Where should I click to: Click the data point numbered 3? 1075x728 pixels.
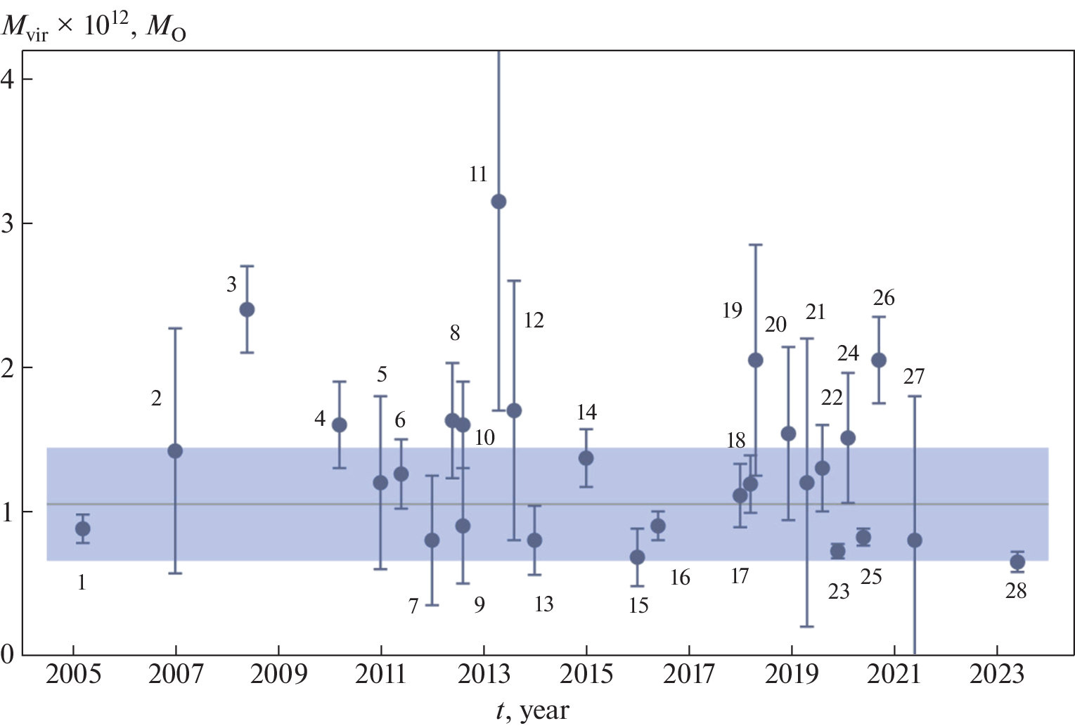click(247, 309)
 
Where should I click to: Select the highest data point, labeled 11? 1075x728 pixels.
click(498, 202)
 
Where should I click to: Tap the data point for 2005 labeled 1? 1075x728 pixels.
click(82, 528)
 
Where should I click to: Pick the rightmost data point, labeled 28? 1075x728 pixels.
click(1017, 561)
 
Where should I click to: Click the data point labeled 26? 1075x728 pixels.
click(878, 360)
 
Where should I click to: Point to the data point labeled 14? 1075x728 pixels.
click(586, 458)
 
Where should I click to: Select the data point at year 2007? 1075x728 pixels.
click(175, 450)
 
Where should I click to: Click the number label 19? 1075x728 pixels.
click(732, 310)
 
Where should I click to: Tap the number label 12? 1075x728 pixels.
click(534, 320)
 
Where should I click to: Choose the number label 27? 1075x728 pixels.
click(913, 377)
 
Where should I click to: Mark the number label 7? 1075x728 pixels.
click(413, 605)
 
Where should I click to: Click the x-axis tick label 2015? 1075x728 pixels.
click(586, 675)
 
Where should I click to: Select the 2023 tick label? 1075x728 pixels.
click(996, 675)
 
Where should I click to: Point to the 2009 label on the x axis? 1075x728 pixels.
click(278, 675)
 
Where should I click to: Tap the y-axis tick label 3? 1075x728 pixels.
click(8, 223)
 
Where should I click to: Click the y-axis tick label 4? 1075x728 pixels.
click(8, 79)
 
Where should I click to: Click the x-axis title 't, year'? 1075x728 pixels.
click(532, 711)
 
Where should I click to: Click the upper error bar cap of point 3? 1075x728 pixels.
click(247, 266)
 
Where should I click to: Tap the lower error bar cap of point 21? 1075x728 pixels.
click(806, 626)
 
